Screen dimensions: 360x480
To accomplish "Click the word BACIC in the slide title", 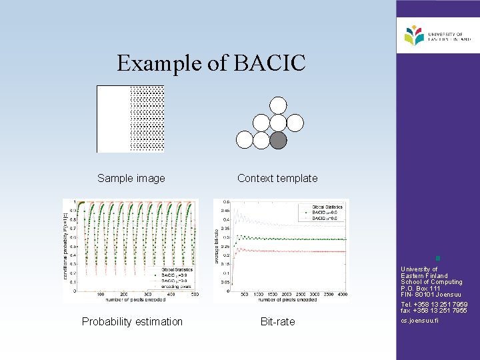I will click(271, 63).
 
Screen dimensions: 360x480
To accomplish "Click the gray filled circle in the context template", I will click(279, 139).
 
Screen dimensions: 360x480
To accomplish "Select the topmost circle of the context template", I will click(279, 105).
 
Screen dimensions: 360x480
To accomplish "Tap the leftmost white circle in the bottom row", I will click(245, 139).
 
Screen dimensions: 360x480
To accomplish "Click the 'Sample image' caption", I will click(131, 178).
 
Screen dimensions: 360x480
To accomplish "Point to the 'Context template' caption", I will click(277, 178).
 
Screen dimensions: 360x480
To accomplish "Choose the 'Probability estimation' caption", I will click(132, 321).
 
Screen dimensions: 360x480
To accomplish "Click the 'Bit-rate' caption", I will click(277, 321).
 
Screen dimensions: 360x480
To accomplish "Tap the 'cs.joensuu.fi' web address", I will click(420, 321).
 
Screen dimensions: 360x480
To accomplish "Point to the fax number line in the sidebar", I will click(434, 311).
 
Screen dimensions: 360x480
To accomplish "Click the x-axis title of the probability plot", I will click(131, 301).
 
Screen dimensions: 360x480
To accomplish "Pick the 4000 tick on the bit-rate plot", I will click(342, 294).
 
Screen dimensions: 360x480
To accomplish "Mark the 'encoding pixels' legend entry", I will click(177, 285).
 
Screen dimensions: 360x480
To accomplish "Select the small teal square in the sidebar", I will click(437, 258).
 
